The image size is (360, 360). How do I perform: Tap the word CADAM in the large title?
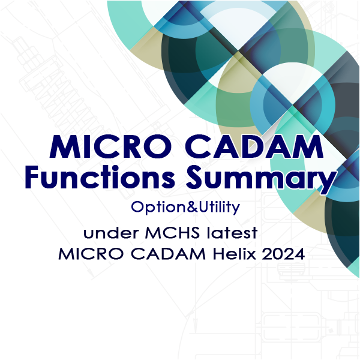(254, 147)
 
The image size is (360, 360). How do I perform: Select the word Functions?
(100, 176)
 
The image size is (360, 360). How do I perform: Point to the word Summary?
(260, 179)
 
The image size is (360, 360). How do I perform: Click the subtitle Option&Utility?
(185, 208)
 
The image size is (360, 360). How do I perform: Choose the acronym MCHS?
(172, 233)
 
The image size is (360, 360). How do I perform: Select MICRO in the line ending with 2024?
(91, 254)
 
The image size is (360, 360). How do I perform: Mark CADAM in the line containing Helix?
(168, 254)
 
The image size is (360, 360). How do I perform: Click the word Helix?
(234, 254)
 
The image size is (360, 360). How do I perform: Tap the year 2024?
(284, 254)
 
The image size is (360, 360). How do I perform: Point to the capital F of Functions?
(32, 176)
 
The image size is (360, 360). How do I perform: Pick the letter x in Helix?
(251, 256)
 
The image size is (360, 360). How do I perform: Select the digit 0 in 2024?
(278, 254)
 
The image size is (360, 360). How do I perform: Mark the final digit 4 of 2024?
(300, 254)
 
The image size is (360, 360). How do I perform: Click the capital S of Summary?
(194, 176)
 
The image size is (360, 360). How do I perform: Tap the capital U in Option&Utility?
(203, 206)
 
